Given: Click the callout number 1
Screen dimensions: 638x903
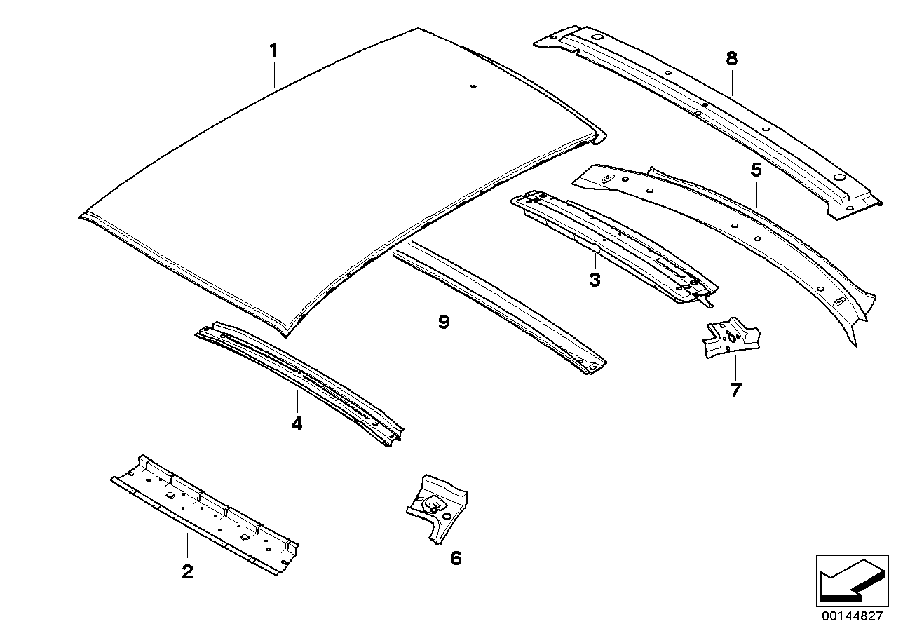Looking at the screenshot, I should click(x=273, y=50).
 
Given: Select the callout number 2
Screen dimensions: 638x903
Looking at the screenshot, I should click(x=186, y=571).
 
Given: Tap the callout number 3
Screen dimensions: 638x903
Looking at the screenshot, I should click(x=595, y=280).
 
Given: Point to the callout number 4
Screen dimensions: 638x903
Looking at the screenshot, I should click(x=297, y=423).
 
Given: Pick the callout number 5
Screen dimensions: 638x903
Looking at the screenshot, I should click(x=755, y=170).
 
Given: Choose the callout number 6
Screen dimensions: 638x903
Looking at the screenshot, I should click(x=456, y=558).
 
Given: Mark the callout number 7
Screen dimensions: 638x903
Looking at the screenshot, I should click(x=735, y=390).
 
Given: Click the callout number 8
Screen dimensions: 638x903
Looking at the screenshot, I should click(x=731, y=58).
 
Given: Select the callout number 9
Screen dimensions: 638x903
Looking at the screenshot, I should click(x=443, y=322).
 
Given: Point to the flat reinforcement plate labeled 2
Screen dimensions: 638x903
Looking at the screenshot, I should click(x=203, y=512).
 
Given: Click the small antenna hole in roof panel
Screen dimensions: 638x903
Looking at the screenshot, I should click(x=473, y=87).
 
